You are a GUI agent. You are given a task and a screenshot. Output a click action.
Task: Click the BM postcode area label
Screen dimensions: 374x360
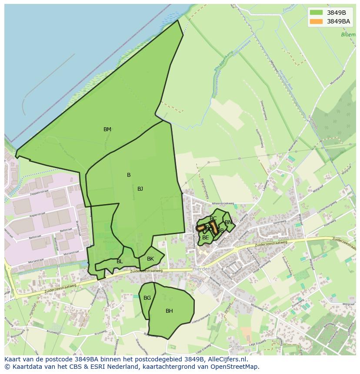click(x=107, y=129)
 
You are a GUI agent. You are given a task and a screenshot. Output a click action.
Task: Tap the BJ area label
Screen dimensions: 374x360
click(x=140, y=189)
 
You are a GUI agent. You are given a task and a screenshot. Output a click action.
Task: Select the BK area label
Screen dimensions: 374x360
click(x=150, y=259)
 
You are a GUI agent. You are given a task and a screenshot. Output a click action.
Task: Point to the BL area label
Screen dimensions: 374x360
click(x=120, y=261)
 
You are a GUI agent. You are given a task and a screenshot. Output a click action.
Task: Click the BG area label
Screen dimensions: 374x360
click(x=147, y=298)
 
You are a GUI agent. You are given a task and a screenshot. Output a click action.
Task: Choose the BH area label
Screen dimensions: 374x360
click(x=169, y=311)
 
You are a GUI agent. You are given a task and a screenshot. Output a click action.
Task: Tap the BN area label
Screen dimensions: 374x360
click(x=228, y=222)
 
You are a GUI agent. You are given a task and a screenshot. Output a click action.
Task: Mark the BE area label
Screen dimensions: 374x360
click(x=205, y=238)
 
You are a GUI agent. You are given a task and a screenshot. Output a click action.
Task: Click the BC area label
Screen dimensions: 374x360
click(x=213, y=218)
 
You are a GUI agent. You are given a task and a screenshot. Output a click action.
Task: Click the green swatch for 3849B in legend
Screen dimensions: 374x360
click(x=317, y=13)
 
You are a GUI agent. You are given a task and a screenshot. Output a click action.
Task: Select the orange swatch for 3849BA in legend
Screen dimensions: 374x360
click(x=317, y=21)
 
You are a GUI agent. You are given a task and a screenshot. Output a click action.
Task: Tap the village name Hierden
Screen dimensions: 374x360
click(x=201, y=269)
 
